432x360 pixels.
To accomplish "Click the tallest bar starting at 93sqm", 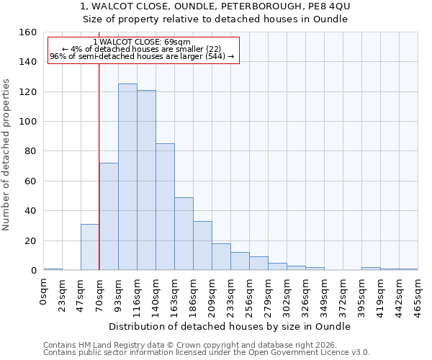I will pos(127,177).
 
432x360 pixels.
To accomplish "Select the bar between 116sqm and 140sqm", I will pos(146,180).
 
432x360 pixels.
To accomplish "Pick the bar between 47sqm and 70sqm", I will pos(90,247).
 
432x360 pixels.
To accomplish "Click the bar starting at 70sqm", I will pos(109,217).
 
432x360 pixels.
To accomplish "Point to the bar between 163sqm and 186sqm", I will pos(184,234).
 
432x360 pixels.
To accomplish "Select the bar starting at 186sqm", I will pos(202,246).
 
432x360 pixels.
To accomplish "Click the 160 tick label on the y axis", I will pos(27,32).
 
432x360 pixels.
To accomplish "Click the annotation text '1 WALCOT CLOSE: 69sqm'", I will pos(142,42).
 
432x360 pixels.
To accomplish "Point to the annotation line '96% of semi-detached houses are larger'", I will pos(142,56).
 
